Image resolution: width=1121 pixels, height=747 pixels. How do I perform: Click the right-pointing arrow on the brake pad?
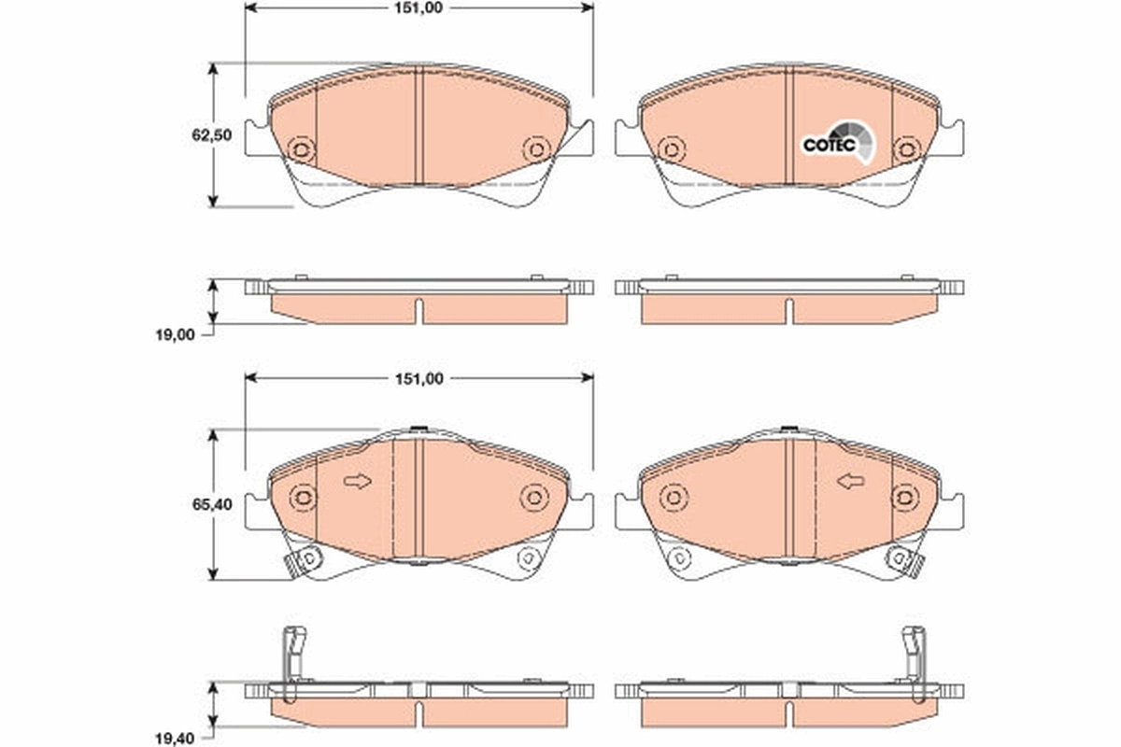357,481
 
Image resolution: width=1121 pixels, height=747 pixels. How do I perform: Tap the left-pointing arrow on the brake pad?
850,481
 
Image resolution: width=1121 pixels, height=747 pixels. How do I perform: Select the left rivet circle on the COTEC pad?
669,149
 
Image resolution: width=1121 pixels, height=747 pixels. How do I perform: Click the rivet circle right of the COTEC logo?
904,149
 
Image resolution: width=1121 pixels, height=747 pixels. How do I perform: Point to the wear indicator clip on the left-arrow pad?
904,560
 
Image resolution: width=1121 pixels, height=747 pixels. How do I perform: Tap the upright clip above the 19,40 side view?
293,654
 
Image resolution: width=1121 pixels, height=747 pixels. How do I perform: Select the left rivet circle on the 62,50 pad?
301,149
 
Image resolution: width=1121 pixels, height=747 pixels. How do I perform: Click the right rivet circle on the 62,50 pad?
535,149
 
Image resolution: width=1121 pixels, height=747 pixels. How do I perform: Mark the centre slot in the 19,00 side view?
419,311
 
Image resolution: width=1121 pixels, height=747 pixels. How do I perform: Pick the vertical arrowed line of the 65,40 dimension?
214,504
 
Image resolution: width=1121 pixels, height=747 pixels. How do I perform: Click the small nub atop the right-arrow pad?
419,430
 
